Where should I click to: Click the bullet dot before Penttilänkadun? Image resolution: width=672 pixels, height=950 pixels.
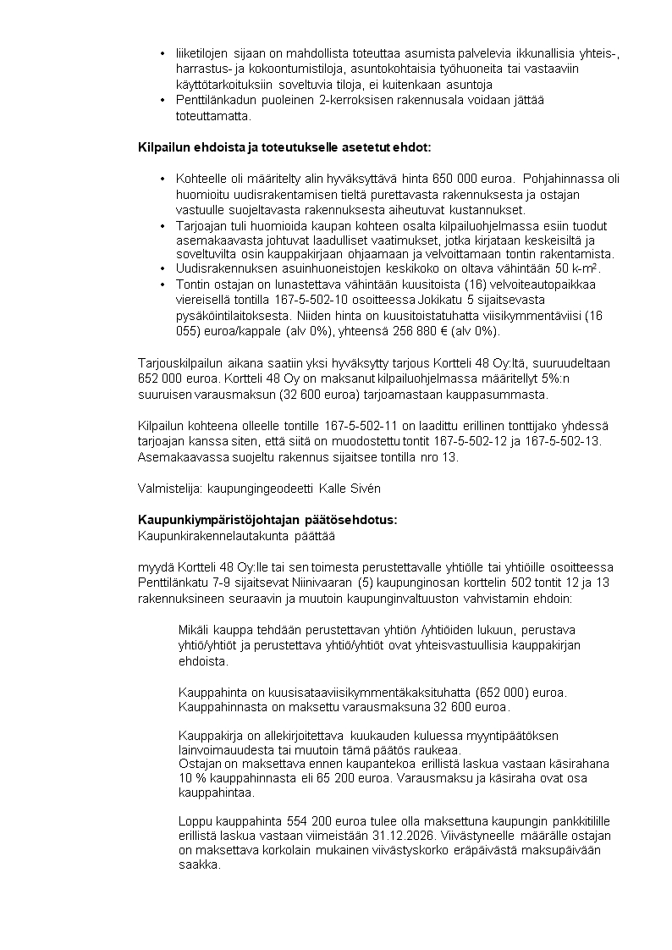[x=162, y=101]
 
